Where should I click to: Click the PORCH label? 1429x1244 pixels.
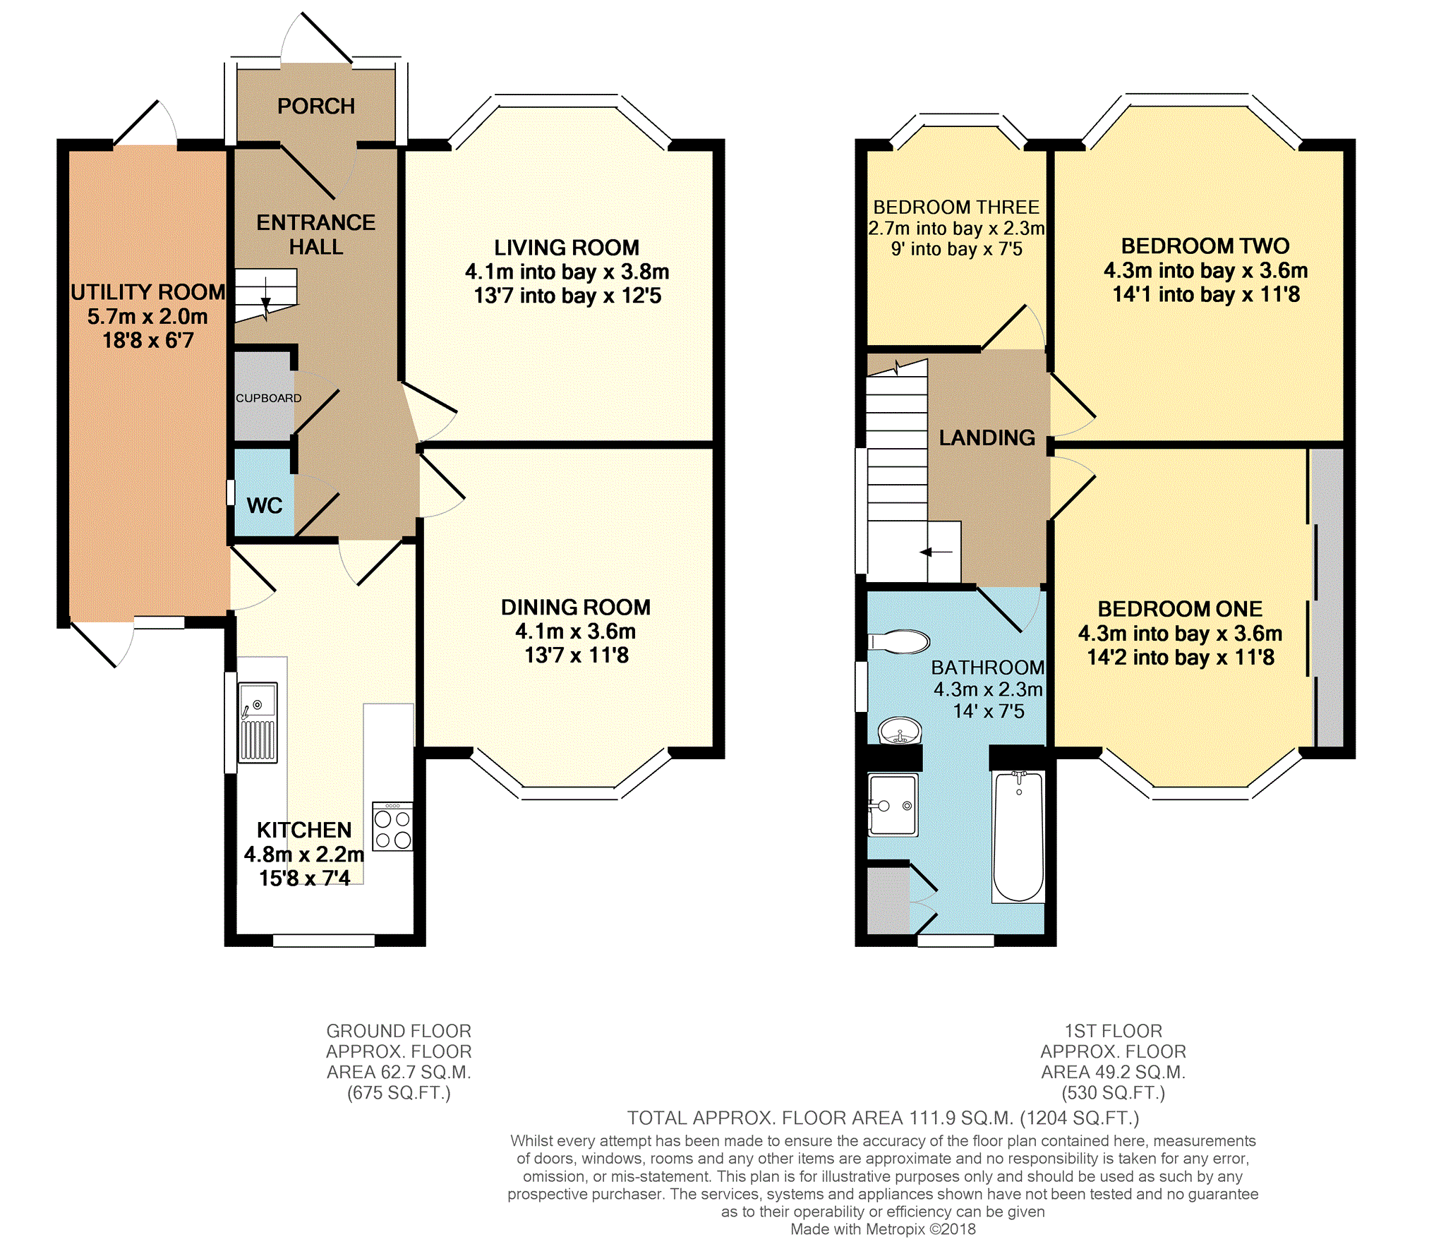point(315,106)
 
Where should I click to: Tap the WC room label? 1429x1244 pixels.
point(265,505)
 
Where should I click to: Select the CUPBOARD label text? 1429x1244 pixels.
point(268,398)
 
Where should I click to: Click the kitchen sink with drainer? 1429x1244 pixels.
point(258,723)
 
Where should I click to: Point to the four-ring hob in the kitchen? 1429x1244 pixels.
point(392,826)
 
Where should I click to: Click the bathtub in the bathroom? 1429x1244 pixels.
point(1018,837)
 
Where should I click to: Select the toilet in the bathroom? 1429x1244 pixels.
point(899,641)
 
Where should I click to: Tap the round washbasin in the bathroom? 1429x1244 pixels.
point(900,730)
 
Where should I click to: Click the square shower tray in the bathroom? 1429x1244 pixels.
point(893,805)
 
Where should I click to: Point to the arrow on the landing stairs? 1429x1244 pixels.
point(936,552)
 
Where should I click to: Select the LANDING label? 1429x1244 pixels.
point(987,437)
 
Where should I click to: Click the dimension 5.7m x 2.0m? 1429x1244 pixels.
point(147,316)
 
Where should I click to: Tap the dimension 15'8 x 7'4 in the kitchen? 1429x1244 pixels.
point(304,878)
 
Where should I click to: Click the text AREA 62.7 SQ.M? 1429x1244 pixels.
point(399,1072)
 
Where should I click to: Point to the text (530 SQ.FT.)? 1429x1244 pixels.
point(1114,1092)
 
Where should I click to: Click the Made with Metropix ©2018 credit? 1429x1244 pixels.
point(883,1228)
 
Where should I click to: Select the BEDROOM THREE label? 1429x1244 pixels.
point(956,207)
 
